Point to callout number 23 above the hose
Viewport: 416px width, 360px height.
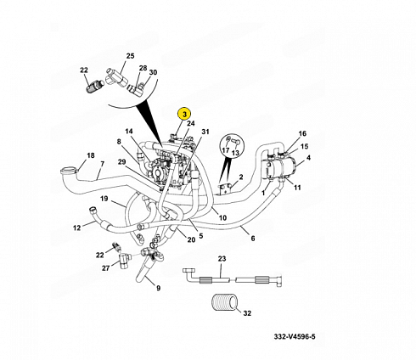click(x=222, y=258)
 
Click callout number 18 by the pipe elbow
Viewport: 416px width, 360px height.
click(x=90, y=155)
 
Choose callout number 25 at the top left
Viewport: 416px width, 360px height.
click(x=130, y=56)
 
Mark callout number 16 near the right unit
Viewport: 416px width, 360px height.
click(x=301, y=133)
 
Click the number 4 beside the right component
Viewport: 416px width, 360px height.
click(x=307, y=158)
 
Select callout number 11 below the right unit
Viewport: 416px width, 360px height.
click(x=298, y=187)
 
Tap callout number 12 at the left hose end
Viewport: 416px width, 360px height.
click(x=76, y=228)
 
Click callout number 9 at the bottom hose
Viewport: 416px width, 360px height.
click(x=158, y=288)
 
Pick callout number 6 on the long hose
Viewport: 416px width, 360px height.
click(x=252, y=239)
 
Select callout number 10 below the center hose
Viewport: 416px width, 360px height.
click(x=222, y=218)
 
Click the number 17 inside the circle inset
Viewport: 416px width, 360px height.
click(x=226, y=152)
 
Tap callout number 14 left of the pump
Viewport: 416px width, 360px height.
click(x=129, y=131)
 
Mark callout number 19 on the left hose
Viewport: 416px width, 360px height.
click(x=103, y=200)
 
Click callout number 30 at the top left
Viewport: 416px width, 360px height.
click(x=153, y=73)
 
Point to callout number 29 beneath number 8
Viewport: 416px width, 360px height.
click(x=122, y=161)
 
